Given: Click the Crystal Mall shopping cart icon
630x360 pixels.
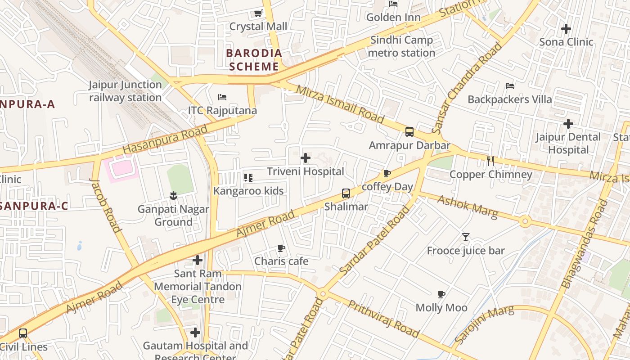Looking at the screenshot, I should tap(258, 13).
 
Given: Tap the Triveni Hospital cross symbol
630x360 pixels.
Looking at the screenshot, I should tap(306, 158).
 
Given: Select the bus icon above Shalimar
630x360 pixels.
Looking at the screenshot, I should tap(346, 193).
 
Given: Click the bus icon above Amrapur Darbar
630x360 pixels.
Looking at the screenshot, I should tap(409, 132).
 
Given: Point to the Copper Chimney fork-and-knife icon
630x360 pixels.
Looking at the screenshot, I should tap(490, 161).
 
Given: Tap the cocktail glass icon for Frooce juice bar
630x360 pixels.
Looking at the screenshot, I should tap(466, 237).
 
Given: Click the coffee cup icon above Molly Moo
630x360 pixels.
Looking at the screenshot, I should tap(441, 295).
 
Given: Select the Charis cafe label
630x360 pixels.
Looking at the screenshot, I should tap(281, 261).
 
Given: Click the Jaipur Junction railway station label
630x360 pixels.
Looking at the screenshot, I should tap(125, 91).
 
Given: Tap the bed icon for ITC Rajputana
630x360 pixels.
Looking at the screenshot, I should tap(222, 97).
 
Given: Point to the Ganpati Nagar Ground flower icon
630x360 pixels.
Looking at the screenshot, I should tap(173, 195).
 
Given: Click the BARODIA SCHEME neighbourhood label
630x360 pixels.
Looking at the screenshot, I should tap(254, 60).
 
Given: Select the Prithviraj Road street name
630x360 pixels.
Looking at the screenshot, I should tap(383, 319).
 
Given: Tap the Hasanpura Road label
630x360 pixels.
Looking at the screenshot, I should tap(165, 139).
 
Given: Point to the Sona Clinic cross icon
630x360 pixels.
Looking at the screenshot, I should tap(566, 29).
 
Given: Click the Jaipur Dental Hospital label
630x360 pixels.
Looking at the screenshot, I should tap(568, 143).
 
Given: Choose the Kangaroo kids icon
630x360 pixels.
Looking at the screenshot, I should tap(248, 178).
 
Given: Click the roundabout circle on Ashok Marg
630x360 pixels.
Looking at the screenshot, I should tap(525, 221).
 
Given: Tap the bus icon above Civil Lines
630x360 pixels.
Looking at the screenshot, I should tap(23, 333).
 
